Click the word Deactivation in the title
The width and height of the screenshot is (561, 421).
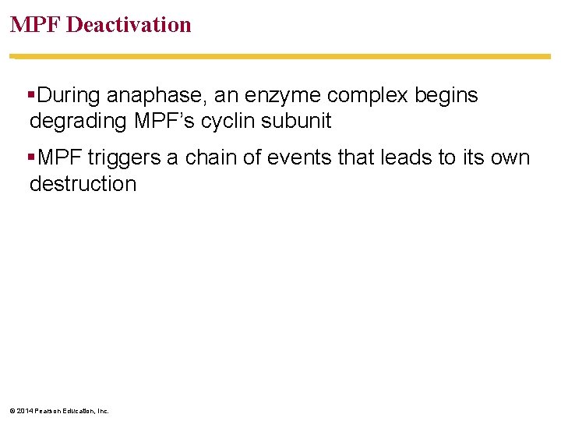pyautogui.click(x=129, y=25)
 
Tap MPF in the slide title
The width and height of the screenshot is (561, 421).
pyautogui.click(x=36, y=25)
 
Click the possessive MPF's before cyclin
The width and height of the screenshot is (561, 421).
pyautogui.click(x=162, y=122)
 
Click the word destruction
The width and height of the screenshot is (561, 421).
pyautogui.click(x=83, y=184)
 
